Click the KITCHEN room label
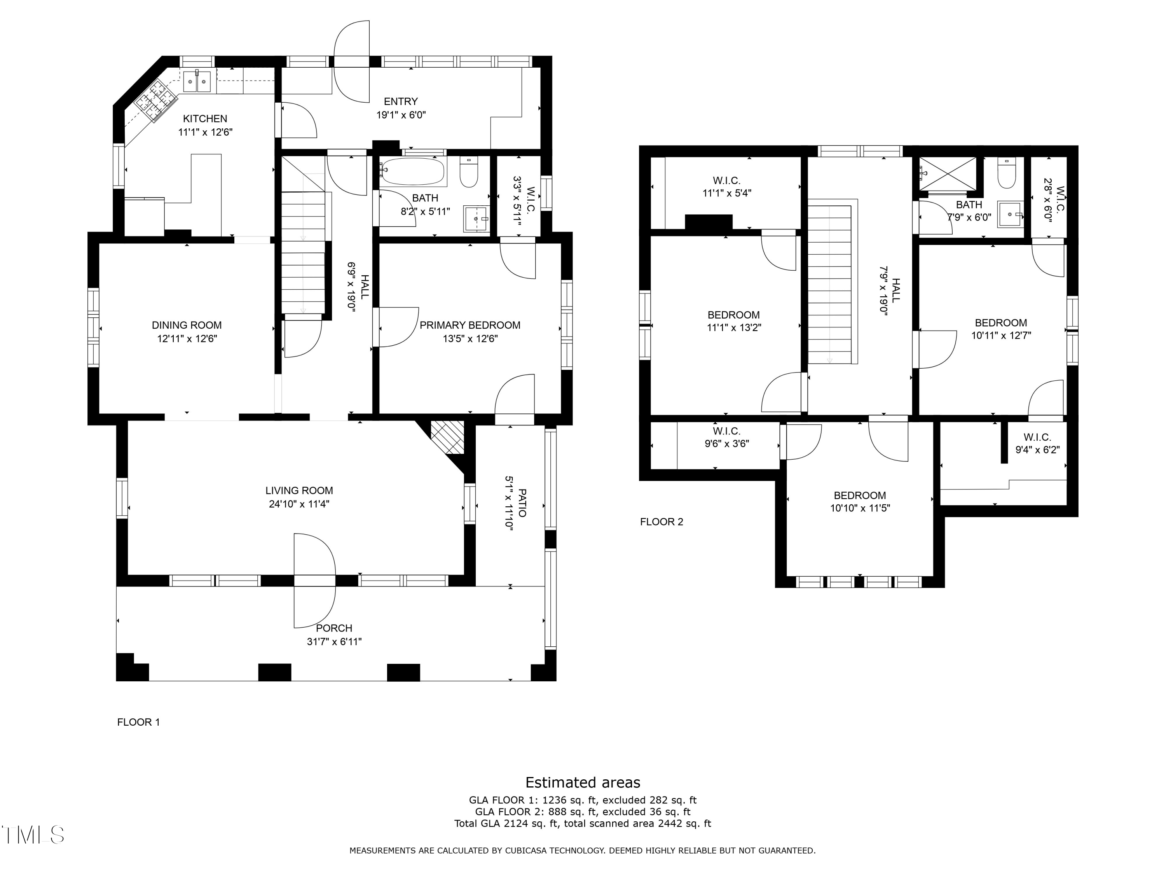pos(205,119)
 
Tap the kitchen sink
pos(198,81)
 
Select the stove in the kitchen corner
pos(155,101)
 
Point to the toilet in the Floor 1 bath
pos(469,172)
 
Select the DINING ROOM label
pos(187,325)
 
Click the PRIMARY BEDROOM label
pos(470,325)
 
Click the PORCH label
pos(334,628)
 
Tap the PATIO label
pos(522,502)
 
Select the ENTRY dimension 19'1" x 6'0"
pos(401,114)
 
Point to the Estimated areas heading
pos(583,782)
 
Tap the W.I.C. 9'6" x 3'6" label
pos(727,438)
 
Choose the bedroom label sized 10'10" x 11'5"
pos(860,502)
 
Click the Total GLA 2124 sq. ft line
pos(583,823)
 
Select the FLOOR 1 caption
pos(138,722)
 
